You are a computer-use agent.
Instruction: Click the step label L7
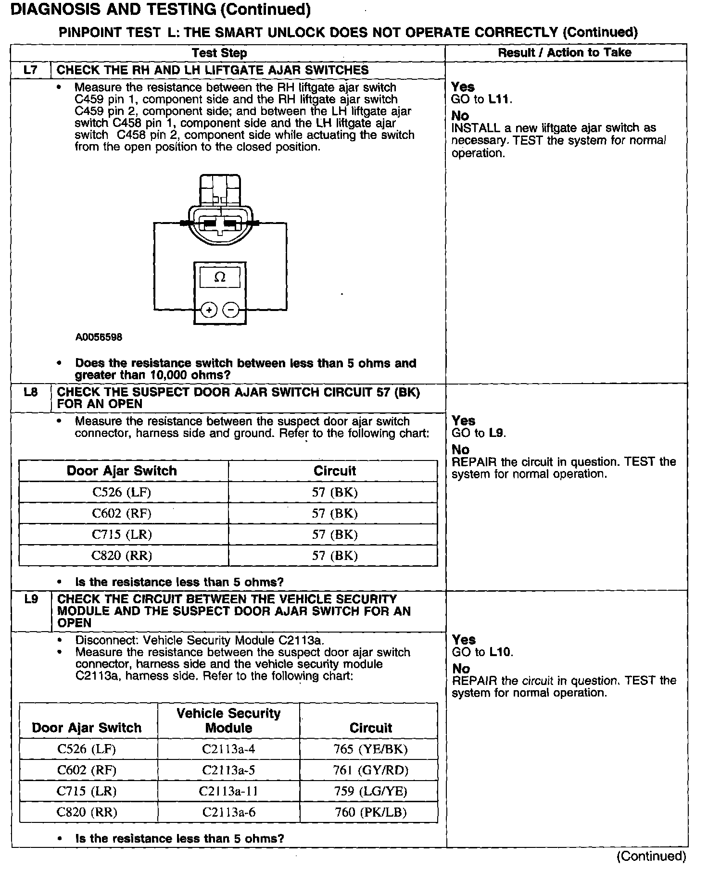30,70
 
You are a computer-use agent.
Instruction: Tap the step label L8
30,392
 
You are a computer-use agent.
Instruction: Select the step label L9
31,599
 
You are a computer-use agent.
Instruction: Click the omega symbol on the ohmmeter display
220,277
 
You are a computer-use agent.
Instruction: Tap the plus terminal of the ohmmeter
209,310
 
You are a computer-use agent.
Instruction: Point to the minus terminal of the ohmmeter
231,310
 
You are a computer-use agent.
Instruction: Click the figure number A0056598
99,337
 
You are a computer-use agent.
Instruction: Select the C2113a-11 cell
228,791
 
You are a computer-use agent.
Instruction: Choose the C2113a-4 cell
228,749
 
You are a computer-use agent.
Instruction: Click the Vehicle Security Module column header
228,721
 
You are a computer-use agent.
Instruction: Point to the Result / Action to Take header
565,53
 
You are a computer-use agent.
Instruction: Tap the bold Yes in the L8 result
463,421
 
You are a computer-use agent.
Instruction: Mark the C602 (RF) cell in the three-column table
87,770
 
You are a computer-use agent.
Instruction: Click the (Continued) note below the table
651,856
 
